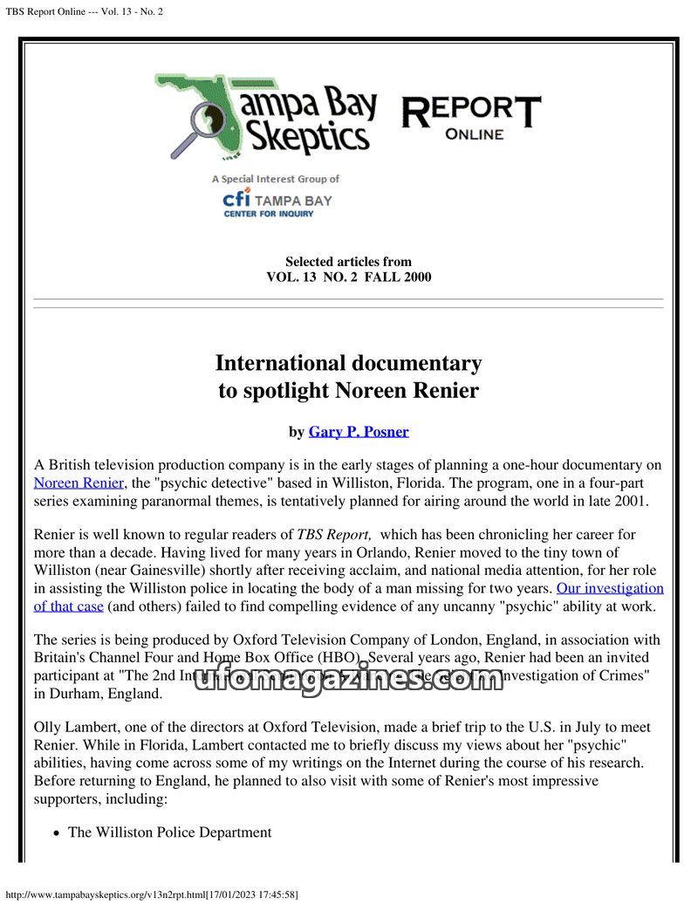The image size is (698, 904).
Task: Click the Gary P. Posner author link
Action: (358, 431)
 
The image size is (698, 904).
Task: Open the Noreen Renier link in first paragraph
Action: (80, 482)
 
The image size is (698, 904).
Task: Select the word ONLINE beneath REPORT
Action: (474, 134)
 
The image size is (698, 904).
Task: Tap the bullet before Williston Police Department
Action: (57, 833)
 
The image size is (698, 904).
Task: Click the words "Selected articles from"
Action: (348, 262)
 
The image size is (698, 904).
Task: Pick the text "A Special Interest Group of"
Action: (275, 179)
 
